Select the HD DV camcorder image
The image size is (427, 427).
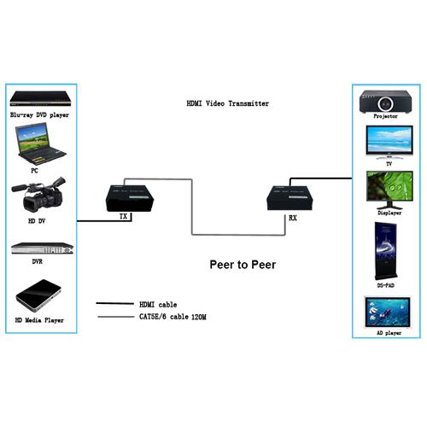tap(39, 199)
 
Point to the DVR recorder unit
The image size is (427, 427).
tap(40, 249)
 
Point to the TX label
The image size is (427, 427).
tap(122, 217)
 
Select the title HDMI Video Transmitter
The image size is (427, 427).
tap(227, 103)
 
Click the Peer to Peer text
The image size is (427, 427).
tap(242, 264)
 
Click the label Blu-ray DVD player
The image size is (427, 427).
tap(39, 114)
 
